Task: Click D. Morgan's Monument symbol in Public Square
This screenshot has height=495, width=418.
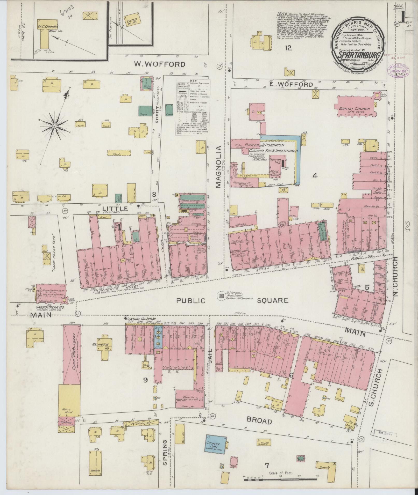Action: [221, 295]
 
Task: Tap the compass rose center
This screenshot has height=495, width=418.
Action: [55, 126]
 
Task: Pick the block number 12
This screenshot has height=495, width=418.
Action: [288, 48]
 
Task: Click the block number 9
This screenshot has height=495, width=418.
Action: [145, 380]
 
